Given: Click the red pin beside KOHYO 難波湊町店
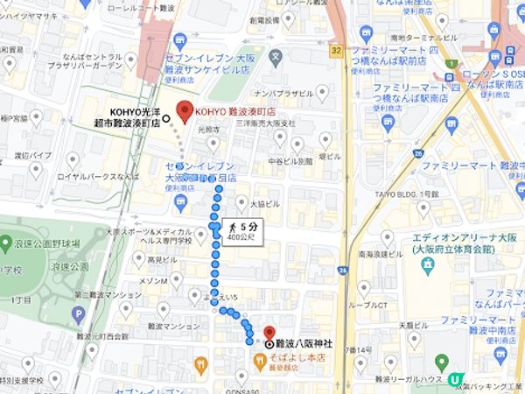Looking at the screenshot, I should click(x=184, y=111).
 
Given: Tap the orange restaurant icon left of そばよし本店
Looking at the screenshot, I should click(x=202, y=361).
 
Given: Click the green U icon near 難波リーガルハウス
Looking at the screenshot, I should click(x=454, y=379).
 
